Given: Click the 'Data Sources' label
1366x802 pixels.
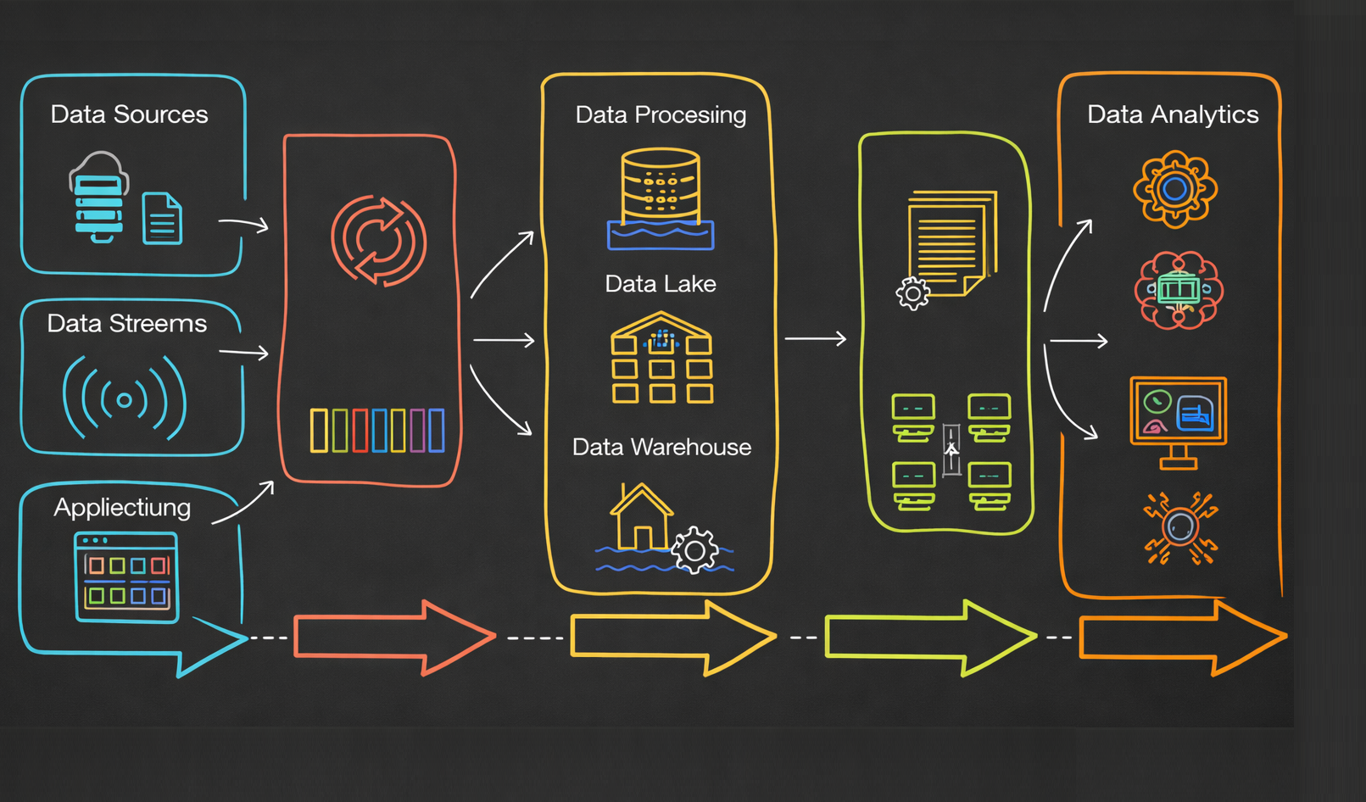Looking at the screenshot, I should coord(129,114).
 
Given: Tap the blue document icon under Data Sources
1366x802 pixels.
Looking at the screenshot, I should coord(162,219).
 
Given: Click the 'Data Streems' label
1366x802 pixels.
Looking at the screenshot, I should coord(126,324).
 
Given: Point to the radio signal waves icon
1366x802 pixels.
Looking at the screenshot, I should coord(125,398).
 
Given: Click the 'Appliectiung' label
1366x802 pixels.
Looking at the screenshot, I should coord(122,507).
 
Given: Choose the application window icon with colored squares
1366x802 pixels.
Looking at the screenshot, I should coord(126,577).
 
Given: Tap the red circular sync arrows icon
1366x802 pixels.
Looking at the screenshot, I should coord(378,240).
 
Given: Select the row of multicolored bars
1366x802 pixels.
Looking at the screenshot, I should coord(377,430).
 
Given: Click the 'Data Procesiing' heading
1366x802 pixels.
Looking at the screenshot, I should coord(661,114).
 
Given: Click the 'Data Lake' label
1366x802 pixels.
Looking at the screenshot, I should coord(661,284).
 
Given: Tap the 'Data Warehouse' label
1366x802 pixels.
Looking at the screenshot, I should coord(661,447).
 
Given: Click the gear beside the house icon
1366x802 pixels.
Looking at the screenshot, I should coord(695,551).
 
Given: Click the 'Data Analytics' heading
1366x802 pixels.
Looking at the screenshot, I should coord(1173,114).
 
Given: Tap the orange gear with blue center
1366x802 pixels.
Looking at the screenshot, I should coord(1175,189).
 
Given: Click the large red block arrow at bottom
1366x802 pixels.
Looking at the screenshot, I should coord(394,638).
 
